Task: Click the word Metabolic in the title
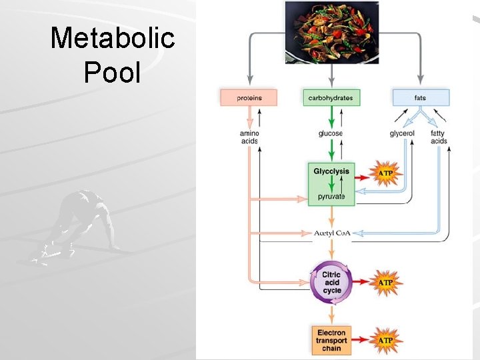pyautogui.click(x=112, y=39)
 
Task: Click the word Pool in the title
pyautogui.click(x=112, y=71)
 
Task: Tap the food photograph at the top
pyautogui.click(x=331, y=32)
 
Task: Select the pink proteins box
pyautogui.click(x=249, y=98)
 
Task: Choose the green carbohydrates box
pyautogui.click(x=331, y=98)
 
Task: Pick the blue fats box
pyautogui.click(x=420, y=98)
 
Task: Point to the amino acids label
pyautogui.click(x=249, y=137)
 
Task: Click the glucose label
pyautogui.click(x=331, y=133)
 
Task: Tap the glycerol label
pyautogui.click(x=402, y=133)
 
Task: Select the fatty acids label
pyautogui.click(x=439, y=137)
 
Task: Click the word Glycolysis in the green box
pyautogui.click(x=331, y=171)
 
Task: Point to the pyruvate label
pyautogui.click(x=331, y=197)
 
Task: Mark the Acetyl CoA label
pyautogui.click(x=331, y=233)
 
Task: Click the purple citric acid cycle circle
pyautogui.click(x=331, y=283)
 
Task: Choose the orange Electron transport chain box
pyautogui.click(x=331, y=340)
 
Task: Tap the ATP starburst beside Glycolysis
pyautogui.click(x=385, y=175)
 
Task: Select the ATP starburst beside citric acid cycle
pyautogui.click(x=385, y=283)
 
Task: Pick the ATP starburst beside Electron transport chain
pyautogui.click(x=385, y=340)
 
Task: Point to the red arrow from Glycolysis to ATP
pyautogui.click(x=363, y=178)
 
